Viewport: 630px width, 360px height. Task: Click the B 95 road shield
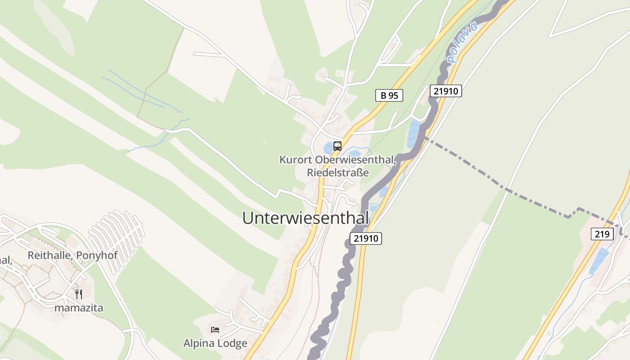(389, 95)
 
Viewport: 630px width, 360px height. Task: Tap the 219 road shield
(602, 234)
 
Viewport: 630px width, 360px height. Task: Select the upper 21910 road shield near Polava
(445, 91)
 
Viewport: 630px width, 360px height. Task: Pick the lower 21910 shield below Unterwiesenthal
(365, 238)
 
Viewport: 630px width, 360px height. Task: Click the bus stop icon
(337, 146)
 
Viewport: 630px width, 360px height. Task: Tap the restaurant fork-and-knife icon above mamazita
(79, 294)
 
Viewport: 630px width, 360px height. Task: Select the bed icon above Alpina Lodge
(215, 330)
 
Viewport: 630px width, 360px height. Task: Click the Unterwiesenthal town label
(306, 218)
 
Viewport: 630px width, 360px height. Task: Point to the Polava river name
(462, 43)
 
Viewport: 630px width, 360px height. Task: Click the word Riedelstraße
(337, 173)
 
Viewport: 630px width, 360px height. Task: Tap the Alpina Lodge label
(215, 343)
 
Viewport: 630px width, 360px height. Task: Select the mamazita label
(79, 308)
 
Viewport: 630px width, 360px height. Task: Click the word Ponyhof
(97, 256)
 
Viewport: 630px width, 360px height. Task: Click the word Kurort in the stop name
(296, 160)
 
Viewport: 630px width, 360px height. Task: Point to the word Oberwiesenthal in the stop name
(355, 160)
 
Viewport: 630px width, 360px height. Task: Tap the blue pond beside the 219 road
(598, 261)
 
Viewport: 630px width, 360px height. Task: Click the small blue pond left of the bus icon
(328, 148)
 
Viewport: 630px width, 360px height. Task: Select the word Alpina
(198, 343)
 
